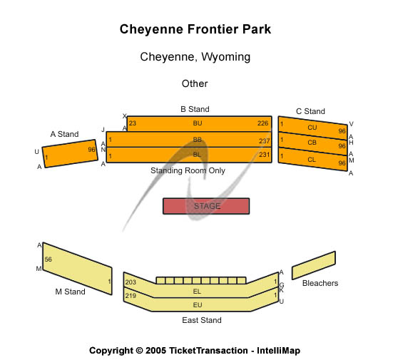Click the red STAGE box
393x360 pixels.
(x=206, y=206)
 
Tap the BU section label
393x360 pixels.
(x=198, y=123)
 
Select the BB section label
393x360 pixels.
(x=198, y=140)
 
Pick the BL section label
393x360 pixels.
(x=198, y=155)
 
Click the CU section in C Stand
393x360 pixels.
(x=312, y=128)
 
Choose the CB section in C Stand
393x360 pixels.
(x=312, y=143)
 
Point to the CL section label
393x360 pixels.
(x=312, y=159)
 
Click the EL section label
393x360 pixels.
(x=198, y=292)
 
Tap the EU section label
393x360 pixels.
(x=198, y=305)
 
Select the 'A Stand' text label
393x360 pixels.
(x=64, y=134)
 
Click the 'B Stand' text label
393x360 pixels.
(x=195, y=109)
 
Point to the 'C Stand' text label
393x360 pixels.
(x=310, y=111)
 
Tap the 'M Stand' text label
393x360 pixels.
(x=70, y=292)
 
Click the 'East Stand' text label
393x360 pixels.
(x=201, y=320)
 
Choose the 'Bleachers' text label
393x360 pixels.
(x=320, y=283)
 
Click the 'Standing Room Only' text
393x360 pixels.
(x=188, y=170)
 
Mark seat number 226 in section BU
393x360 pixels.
(x=263, y=123)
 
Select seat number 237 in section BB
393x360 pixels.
(x=265, y=140)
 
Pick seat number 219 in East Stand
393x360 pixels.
(x=131, y=295)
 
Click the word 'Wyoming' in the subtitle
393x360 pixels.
(x=225, y=56)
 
